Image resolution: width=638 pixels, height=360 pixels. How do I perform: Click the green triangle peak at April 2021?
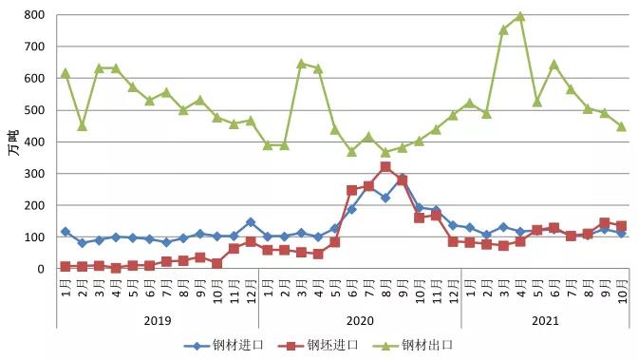[520, 17]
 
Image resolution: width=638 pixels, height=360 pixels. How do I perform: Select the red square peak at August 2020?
[385, 167]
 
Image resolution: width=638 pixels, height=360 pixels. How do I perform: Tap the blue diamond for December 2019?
[251, 222]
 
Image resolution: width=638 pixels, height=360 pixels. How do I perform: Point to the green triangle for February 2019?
[83, 126]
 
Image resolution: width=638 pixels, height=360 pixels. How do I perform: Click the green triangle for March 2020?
[302, 64]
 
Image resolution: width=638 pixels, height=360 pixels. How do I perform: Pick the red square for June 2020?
[352, 190]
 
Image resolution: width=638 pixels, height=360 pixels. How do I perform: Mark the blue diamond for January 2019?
[66, 232]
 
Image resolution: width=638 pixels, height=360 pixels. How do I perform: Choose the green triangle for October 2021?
[621, 126]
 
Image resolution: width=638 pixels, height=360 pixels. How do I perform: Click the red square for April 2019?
[116, 268]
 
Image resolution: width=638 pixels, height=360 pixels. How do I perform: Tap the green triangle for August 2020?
[385, 152]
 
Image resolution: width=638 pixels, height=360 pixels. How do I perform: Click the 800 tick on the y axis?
[34, 15]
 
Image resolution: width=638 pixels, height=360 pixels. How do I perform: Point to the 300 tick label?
[34, 174]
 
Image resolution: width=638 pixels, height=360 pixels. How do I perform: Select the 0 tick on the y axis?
[41, 269]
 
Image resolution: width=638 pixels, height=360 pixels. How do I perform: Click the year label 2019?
[158, 321]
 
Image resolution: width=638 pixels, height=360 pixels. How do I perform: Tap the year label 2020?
[360, 321]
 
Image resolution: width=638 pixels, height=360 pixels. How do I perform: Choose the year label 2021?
[545, 321]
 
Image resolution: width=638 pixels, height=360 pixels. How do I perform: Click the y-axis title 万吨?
[13, 142]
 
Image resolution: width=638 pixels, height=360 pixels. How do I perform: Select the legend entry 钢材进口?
[224, 346]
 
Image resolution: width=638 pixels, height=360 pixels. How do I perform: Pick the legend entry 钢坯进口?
[319, 346]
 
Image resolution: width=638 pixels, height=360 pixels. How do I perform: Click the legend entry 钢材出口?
[413, 346]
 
